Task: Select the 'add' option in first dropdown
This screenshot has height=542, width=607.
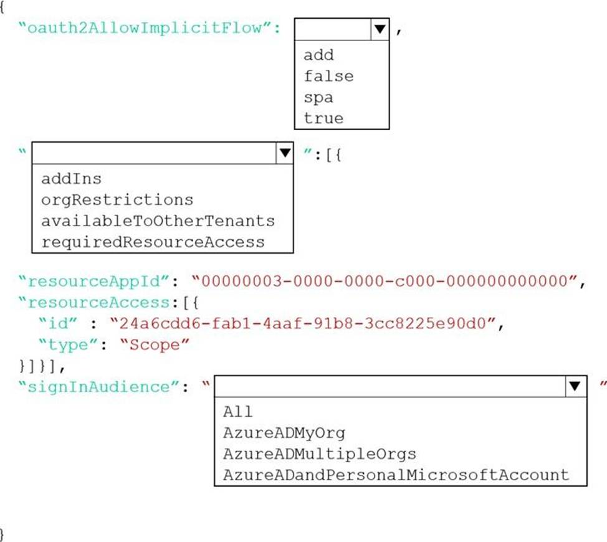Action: coord(318,55)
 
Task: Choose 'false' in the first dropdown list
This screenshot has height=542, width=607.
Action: coord(328,76)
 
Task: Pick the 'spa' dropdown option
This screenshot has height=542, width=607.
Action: coord(318,97)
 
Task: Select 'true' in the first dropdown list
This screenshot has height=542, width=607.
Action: coord(323,118)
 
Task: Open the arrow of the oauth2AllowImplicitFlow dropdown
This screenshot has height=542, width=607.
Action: coord(380,29)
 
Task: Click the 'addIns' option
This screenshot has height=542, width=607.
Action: coord(71,179)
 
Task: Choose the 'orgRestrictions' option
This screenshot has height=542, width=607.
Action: coord(117,200)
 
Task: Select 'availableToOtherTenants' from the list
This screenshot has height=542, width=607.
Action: coord(158,221)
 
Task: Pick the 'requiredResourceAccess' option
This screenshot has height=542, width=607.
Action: coord(153,242)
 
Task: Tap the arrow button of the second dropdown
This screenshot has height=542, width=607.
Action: coord(285,153)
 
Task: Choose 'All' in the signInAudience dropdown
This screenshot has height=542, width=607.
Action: coord(237,412)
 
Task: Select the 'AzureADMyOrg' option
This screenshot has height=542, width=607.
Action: coord(284,433)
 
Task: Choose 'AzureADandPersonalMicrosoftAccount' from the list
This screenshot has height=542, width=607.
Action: coord(396,475)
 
